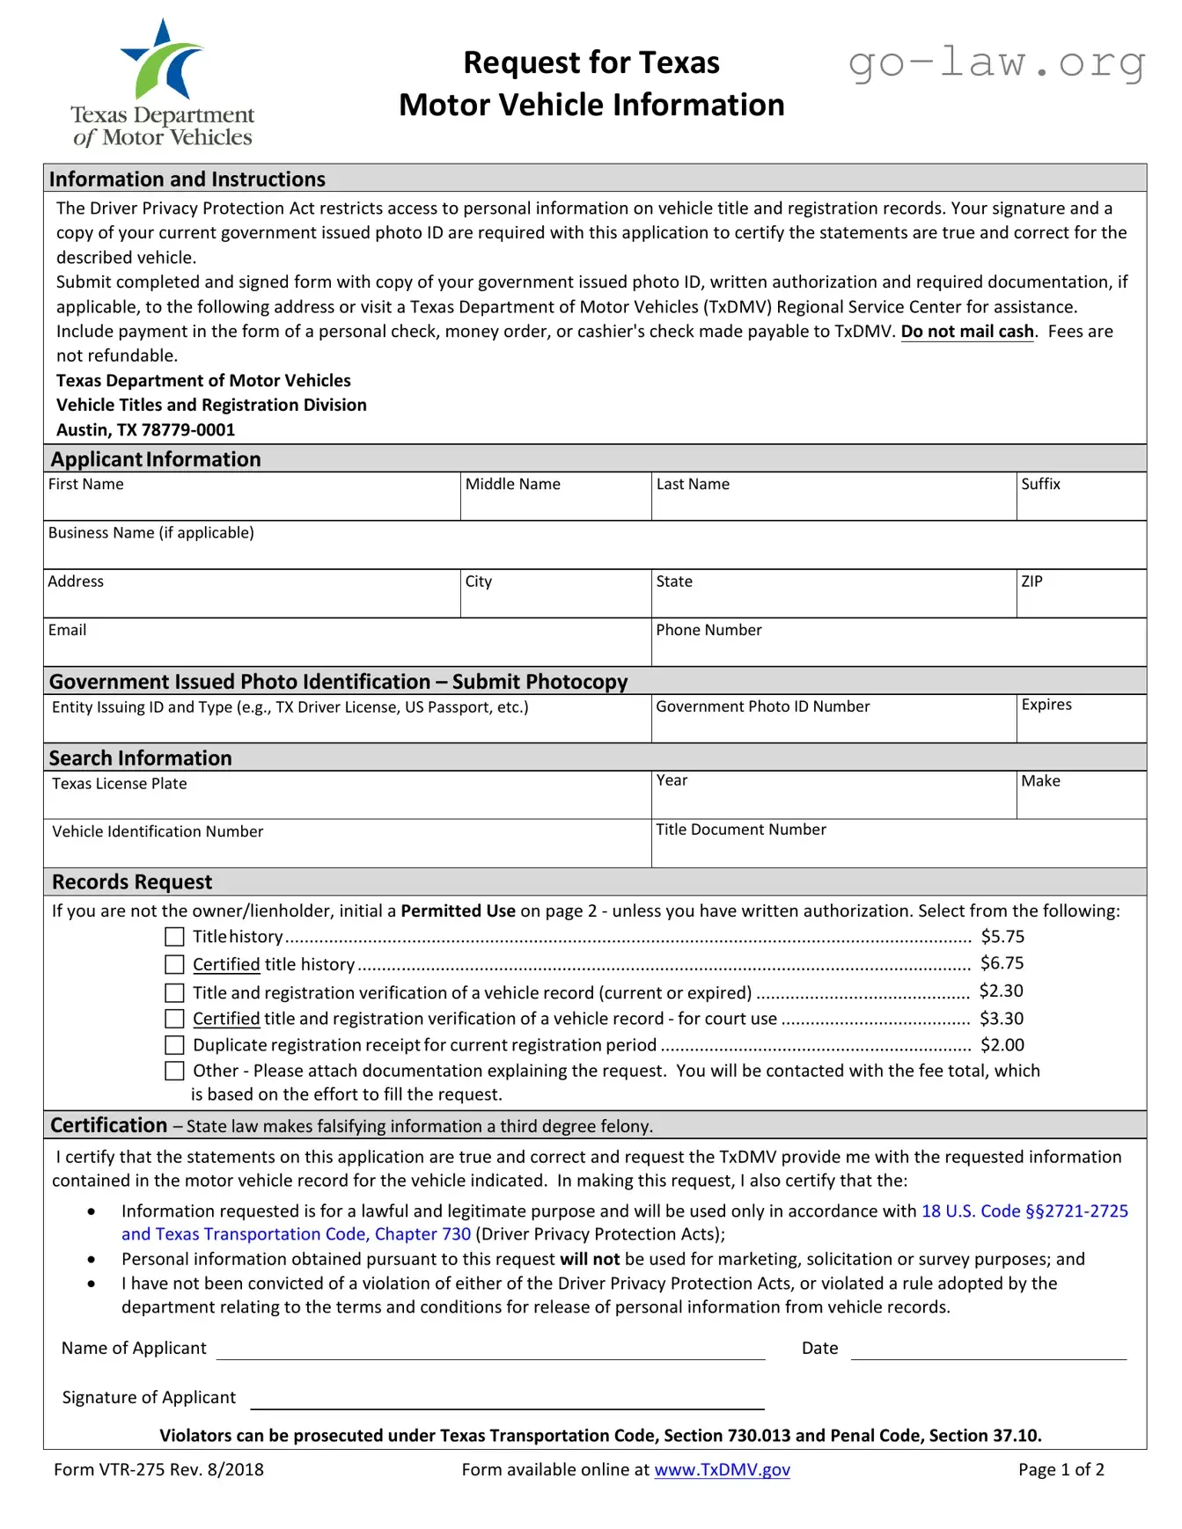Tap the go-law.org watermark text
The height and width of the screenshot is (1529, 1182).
996,63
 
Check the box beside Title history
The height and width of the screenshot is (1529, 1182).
175,937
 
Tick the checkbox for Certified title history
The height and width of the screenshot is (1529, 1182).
175,965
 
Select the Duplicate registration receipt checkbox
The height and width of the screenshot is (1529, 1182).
175,1045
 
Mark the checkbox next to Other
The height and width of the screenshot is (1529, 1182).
175,1071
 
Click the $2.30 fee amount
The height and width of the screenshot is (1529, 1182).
1001,991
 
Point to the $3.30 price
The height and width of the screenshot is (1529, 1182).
1001,1019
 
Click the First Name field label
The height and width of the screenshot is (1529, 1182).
85,485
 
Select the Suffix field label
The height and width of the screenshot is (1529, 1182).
1040,485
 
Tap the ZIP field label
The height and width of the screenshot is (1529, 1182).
1031,582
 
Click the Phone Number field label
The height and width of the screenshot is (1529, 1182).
708,630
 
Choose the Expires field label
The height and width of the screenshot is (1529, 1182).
1046,705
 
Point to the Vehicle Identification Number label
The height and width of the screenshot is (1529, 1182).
158,831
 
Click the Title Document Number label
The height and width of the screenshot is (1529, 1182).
740,830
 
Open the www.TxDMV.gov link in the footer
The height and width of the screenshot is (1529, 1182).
722,1469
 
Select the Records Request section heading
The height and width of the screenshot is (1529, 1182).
132,882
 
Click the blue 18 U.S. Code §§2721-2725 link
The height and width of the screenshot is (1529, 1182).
1024,1211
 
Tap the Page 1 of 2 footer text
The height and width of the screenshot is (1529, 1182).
1061,1469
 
